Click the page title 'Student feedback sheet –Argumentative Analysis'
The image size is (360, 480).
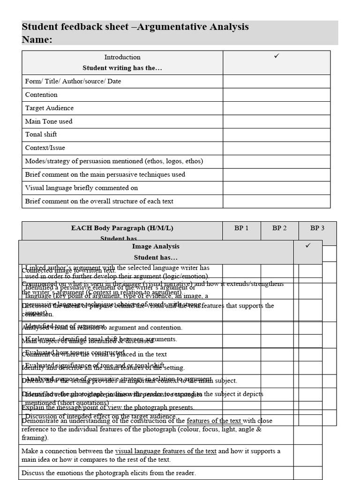pyautogui.click(x=135, y=27)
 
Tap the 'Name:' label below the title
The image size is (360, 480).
pyautogui.click(x=37, y=39)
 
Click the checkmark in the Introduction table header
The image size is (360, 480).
pyautogui.click(x=277, y=56)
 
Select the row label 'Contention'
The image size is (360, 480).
pyautogui.click(x=41, y=95)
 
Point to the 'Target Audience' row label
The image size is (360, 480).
pyautogui.click(x=49, y=108)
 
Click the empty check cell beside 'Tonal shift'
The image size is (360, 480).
pyautogui.click(x=277, y=135)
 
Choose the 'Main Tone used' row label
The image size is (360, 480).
pyautogui.click(x=49, y=121)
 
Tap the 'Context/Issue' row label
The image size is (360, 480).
pyautogui.click(x=45, y=148)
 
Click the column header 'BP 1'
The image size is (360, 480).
pyautogui.click(x=241, y=228)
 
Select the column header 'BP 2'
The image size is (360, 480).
pyautogui.click(x=279, y=228)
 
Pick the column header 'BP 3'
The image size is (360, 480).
pyautogui.click(x=317, y=228)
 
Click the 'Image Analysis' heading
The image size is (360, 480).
pyautogui.click(x=156, y=247)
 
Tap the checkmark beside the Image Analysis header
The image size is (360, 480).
pyautogui.click(x=308, y=246)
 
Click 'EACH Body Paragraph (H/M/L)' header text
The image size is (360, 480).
pyautogui.click(x=122, y=228)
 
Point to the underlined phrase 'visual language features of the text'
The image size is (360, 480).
pyautogui.click(x=165, y=451)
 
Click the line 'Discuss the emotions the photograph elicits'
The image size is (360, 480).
pyautogui.click(x=109, y=473)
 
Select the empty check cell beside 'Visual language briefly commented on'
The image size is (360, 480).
pyautogui.click(x=277, y=188)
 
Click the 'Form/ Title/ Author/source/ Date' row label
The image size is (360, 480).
pyautogui.click(x=73, y=81)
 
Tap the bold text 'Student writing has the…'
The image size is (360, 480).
pyautogui.click(x=122, y=68)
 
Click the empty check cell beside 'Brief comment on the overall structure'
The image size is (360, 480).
pyautogui.click(x=277, y=202)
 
